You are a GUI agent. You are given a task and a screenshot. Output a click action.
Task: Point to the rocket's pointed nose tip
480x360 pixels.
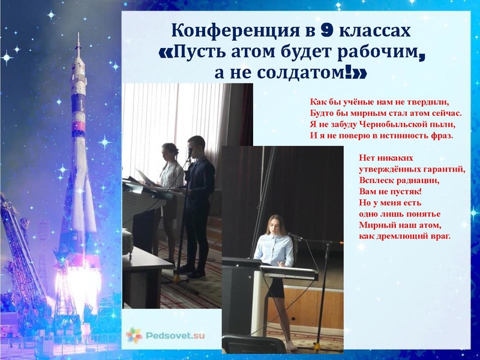click(78, 37)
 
